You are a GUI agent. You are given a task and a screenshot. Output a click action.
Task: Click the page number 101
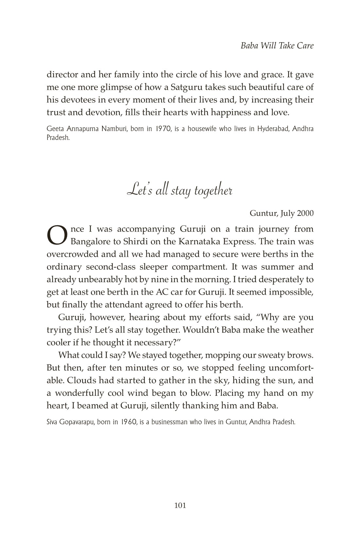click(180, 505)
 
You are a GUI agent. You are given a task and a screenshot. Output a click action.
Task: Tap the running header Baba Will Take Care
click(277, 46)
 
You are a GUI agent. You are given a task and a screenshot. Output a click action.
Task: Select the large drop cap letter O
click(57, 235)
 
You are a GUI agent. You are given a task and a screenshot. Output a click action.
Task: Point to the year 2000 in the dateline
click(305, 213)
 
